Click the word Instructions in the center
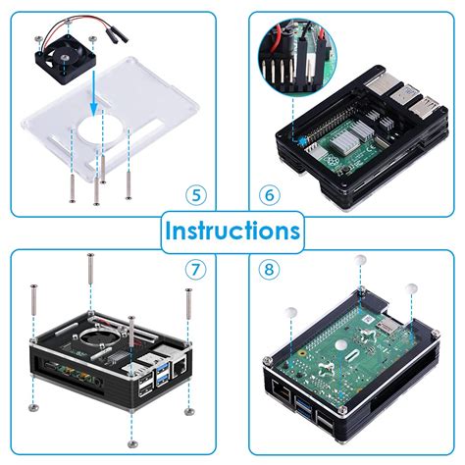[x=232, y=232]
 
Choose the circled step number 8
[x=269, y=267]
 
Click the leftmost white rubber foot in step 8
[x=292, y=313]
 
